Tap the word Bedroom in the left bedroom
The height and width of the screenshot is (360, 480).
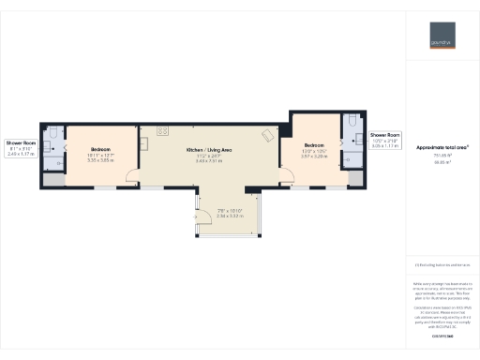[100, 150]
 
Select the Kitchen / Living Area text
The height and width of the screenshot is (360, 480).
[208, 150]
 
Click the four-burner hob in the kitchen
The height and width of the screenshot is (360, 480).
[162, 129]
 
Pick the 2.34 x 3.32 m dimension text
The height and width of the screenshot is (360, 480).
[230, 215]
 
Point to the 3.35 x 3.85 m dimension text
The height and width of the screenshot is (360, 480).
[100, 160]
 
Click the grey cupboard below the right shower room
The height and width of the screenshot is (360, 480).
[353, 177]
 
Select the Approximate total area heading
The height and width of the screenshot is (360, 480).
[442, 147]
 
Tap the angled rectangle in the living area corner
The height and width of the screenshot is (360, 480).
[268, 134]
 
